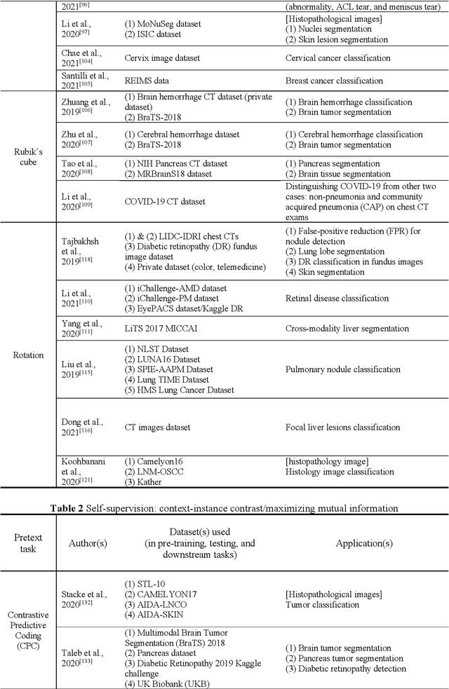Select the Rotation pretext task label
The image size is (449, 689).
28,355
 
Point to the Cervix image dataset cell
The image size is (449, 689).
159,58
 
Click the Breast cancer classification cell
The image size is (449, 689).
334,81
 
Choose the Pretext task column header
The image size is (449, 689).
28,543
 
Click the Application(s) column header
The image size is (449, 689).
364,543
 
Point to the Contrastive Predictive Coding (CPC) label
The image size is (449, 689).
28,632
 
